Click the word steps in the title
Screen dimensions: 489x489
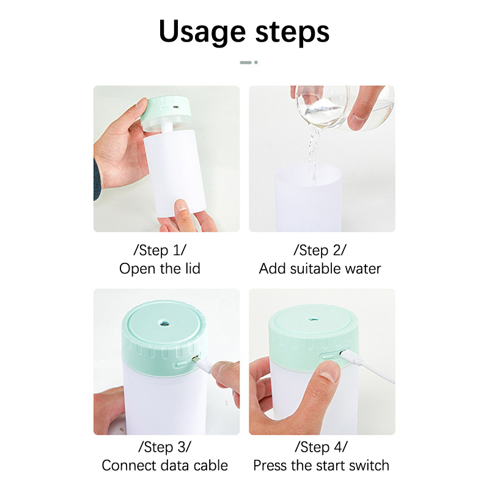(292, 32)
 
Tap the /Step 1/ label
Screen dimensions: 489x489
(160, 250)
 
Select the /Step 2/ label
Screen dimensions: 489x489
(320, 250)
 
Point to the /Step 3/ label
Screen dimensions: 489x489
(164, 447)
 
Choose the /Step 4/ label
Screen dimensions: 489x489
(321, 447)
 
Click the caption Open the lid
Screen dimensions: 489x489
(160, 269)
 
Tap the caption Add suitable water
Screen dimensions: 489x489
(320, 269)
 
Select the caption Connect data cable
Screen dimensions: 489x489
(164, 466)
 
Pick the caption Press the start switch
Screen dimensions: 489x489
(322, 466)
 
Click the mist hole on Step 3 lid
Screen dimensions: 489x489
(164, 323)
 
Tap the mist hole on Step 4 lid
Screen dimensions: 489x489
(314, 320)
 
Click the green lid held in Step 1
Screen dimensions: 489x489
(166, 110)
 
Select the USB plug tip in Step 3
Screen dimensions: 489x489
(196, 359)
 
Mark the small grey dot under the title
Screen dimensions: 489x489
(256, 62)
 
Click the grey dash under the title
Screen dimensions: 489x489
(246, 62)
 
